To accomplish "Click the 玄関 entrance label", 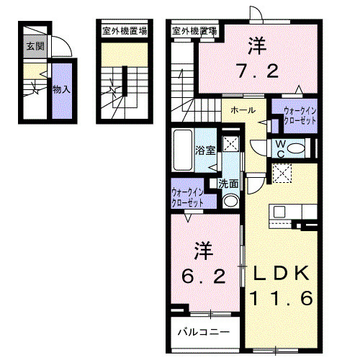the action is (35, 46).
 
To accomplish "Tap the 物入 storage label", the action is (61, 90).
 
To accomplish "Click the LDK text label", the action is (281, 274).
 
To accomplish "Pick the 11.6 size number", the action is (282, 298).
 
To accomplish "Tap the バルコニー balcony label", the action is (203, 332).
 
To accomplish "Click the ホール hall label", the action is (243, 110).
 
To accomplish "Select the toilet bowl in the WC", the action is (295, 149).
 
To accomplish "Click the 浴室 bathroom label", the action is (205, 150).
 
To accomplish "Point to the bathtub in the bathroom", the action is (183, 150).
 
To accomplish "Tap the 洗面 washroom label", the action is (228, 184).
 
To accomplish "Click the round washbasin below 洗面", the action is (230, 201).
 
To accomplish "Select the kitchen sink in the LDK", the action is (279, 212).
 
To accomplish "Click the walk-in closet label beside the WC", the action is (300, 116).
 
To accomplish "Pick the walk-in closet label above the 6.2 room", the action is (187, 198).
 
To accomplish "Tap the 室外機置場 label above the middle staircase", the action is (125, 31).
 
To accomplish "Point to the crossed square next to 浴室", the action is (230, 143).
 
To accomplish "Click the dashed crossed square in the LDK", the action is (282, 173).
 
